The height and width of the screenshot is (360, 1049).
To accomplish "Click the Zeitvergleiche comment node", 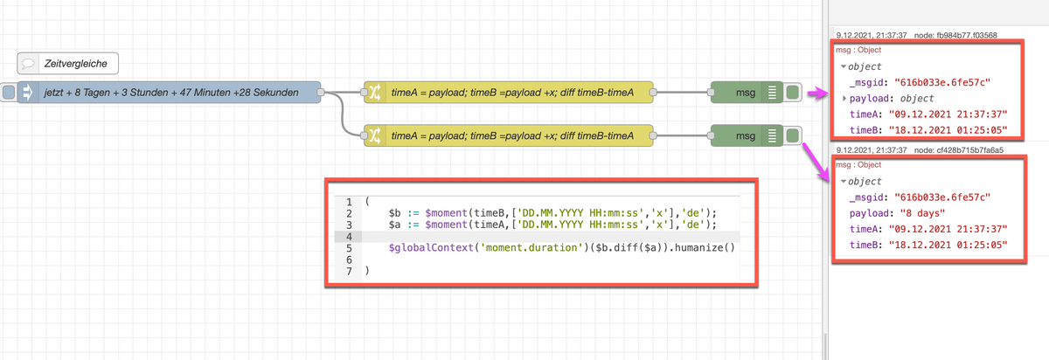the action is click(68, 63).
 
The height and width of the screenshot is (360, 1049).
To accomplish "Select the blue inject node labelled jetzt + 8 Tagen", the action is click(169, 93).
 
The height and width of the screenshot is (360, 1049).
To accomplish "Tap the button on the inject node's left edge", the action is click(9, 93).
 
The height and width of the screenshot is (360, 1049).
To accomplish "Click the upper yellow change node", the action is click(509, 93).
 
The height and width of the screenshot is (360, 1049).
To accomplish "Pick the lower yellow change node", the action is click(509, 135).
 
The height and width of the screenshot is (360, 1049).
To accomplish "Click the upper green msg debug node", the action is click(747, 93).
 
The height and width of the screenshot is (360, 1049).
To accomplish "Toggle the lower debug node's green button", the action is click(792, 135).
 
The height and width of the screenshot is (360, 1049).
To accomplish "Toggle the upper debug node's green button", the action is click(792, 93).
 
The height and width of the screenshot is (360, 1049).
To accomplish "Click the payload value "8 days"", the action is click(922, 213).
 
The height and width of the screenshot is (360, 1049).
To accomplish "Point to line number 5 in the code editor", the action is click(349, 247).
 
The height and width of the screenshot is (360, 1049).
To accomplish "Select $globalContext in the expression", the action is click(431, 247).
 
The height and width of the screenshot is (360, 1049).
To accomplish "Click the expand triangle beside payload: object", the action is click(844, 99).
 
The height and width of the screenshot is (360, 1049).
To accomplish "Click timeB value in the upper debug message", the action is click(948, 130).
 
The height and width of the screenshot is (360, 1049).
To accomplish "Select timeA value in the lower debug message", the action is click(948, 230).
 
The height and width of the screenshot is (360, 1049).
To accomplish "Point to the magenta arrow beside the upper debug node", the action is click(817, 93).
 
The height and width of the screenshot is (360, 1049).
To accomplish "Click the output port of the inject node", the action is click(321, 93).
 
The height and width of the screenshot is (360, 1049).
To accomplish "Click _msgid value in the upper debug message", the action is click(942, 83).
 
